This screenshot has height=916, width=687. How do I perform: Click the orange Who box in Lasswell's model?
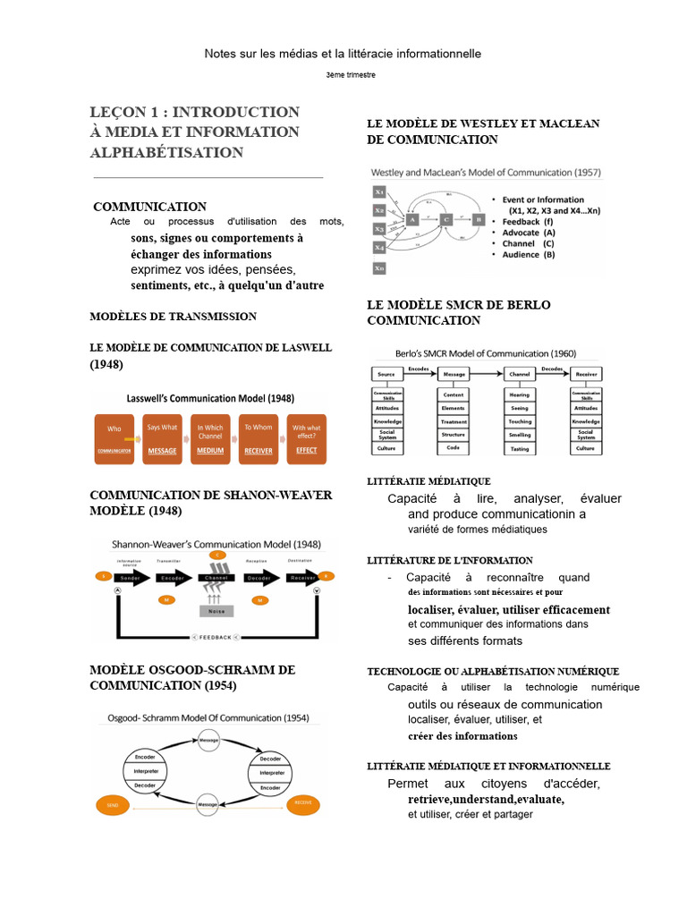click(x=114, y=439)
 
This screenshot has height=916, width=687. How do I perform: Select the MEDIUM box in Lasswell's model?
click(x=211, y=439)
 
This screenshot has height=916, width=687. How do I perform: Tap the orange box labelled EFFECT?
click(x=305, y=439)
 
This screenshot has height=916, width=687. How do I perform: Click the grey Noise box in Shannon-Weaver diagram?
click(x=216, y=611)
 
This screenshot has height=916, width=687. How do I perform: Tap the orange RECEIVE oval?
click(x=303, y=802)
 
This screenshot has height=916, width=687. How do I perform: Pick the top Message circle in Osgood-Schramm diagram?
click(x=208, y=741)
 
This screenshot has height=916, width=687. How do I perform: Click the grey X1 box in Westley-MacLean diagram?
click(x=379, y=191)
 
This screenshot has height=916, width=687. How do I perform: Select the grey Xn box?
click(x=379, y=267)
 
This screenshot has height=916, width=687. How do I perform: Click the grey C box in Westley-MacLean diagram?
click(x=445, y=218)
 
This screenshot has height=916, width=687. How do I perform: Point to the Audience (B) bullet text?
click(x=528, y=254)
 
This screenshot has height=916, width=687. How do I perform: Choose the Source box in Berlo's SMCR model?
click(x=386, y=374)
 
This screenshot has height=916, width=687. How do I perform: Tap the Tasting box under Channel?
click(x=520, y=448)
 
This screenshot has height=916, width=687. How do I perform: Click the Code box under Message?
click(x=453, y=447)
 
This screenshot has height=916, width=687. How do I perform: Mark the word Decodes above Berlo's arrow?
click(x=552, y=368)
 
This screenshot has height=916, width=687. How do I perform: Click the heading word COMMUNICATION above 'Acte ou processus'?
click(x=149, y=207)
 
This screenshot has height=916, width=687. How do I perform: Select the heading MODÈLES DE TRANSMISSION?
click(x=174, y=316)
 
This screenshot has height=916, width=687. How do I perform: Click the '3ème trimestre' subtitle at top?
click(x=351, y=75)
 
